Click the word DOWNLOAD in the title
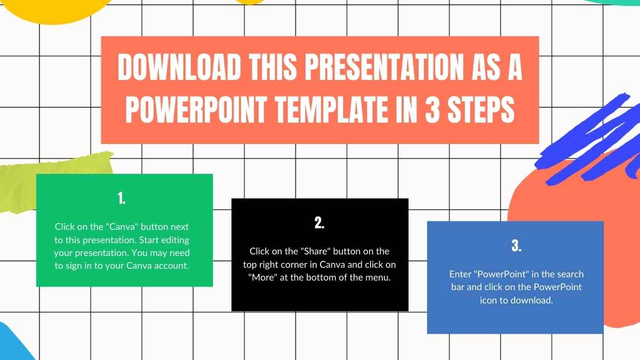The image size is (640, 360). pos(179,67)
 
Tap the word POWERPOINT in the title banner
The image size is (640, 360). pos(196,110)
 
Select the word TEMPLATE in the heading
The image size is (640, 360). pos(331,110)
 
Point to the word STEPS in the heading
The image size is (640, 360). pos(482,110)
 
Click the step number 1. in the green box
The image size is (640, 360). pos(122,198)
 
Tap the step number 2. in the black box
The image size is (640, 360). pos(319,222)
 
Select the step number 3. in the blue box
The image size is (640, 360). pos(516,245)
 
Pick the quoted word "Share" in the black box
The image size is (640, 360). pos(315,251)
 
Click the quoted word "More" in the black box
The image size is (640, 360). pos(263,277)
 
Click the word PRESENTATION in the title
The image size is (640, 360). pos(385,67)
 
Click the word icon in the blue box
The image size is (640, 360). pos(489,300)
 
